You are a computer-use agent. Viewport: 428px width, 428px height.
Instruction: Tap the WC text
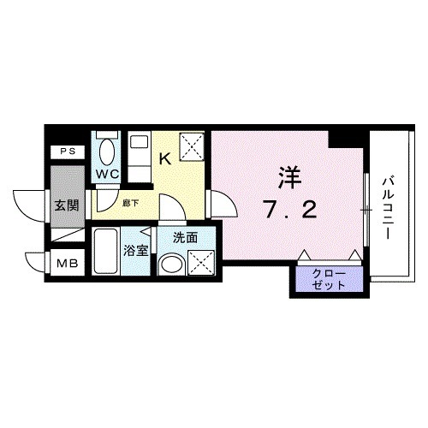106,174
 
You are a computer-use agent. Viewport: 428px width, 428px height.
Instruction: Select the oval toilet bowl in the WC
106,152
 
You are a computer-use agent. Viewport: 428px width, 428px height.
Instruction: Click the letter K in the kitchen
165,158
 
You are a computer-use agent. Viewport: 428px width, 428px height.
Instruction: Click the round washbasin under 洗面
172,265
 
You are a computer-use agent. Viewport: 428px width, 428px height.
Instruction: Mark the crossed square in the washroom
202,262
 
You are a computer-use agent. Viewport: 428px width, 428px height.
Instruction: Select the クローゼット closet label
329,278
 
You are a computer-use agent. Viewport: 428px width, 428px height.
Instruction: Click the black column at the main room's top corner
348,135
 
